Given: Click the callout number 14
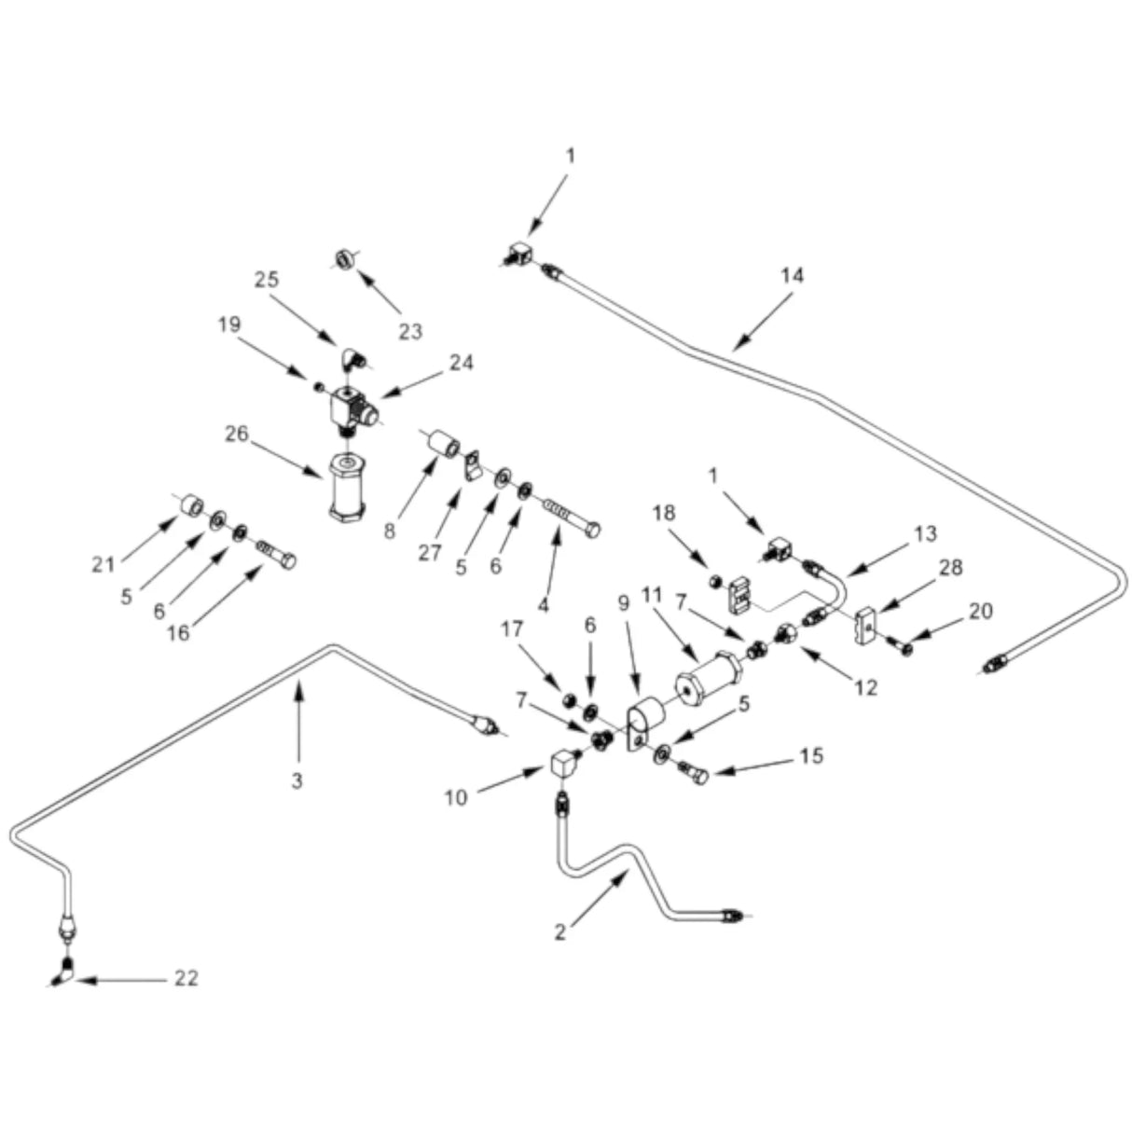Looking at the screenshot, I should click(x=793, y=275).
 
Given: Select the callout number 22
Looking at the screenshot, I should click(x=186, y=979).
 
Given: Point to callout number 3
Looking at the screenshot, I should click(x=297, y=780).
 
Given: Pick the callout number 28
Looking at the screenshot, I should click(x=951, y=568).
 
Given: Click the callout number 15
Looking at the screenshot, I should click(x=811, y=755).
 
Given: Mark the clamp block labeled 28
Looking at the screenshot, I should click(x=865, y=627).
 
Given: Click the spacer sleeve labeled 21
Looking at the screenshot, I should click(x=192, y=506).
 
